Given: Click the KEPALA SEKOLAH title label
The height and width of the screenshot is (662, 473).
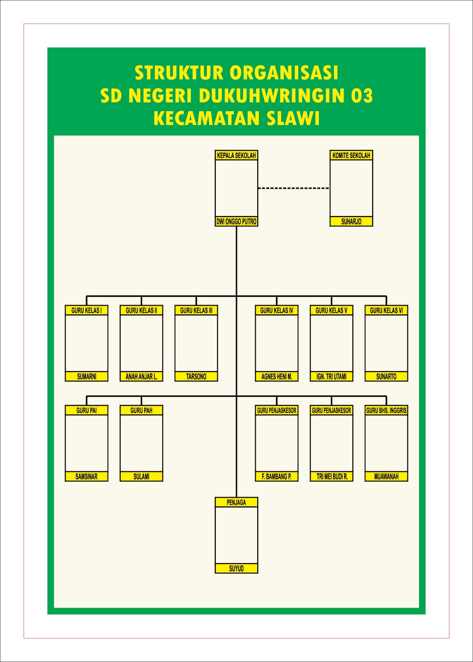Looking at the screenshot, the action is (236, 156).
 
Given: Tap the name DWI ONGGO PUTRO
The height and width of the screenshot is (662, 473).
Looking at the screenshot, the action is (236, 222).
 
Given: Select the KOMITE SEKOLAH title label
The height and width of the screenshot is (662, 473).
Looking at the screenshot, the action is (351, 156).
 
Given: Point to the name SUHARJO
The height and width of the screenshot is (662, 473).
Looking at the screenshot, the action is (351, 222).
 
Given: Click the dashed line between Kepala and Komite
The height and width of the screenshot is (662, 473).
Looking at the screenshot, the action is (294, 188).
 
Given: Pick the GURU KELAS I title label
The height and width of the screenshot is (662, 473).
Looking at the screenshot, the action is (87, 310).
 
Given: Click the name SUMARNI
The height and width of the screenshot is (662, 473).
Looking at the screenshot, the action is (87, 377).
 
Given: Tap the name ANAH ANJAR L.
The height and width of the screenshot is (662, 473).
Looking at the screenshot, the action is (141, 377).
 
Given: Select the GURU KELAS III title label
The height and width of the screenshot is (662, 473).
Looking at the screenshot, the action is (196, 310).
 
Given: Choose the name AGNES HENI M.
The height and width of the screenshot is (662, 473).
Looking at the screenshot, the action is (277, 377).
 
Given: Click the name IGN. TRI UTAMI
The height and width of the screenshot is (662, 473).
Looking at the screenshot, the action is (331, 377).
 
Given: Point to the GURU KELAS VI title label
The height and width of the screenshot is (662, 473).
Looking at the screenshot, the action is (386, 310).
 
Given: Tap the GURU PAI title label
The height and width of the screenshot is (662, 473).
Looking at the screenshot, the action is (87, 410).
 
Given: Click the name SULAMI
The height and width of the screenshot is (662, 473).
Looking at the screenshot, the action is (141, 477).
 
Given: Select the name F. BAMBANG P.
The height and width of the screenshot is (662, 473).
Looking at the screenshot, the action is (277, 477).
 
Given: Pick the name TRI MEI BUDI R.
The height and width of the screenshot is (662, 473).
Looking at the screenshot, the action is (331, 477).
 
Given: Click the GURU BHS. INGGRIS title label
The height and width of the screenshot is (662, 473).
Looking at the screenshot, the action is (386, 410).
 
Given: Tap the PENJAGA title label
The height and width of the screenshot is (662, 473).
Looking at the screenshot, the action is (236, 502).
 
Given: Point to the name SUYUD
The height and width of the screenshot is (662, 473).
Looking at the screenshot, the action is (236, 568).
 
